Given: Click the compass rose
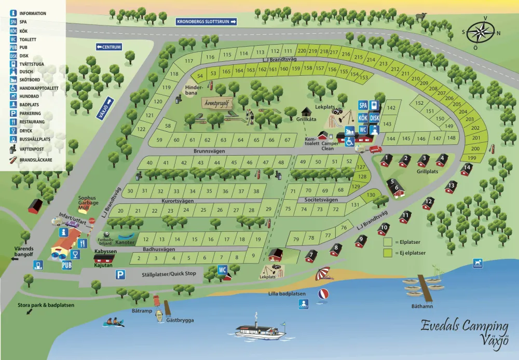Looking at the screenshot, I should (482, 32).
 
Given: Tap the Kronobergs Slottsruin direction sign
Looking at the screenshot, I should (207, 22).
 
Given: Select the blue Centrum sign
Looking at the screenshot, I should (108, 47).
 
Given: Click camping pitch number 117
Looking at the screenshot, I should (189, 61).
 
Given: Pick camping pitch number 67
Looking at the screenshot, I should (288, 140).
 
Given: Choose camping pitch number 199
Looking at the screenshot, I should (472, 158).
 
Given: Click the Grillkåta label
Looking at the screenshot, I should (307, 119).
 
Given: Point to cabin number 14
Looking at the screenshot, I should (467, 168).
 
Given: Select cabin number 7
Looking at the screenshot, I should (311, 255).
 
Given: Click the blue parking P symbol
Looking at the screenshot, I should (120, 274).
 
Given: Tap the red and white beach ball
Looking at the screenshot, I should (323, 294).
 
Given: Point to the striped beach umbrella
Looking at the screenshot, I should (323, 272).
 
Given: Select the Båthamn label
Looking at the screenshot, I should (422, 306).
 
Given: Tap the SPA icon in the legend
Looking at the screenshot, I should (13, 22).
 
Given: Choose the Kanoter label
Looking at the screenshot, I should (125, 243).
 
